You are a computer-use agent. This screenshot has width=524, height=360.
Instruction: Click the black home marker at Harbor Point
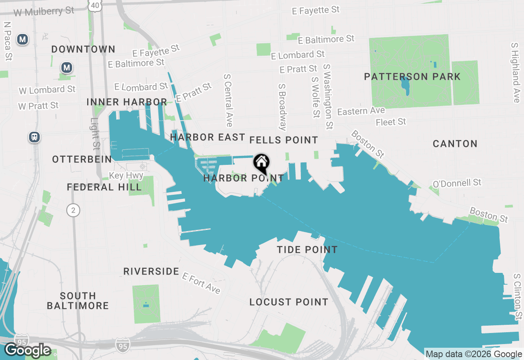[x=261, y=163]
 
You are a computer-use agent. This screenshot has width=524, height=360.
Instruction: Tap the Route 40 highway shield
[x=95, y=5]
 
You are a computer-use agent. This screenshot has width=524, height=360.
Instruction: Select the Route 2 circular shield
[x=73, y=210]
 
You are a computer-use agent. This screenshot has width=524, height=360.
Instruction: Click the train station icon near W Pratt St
[x=35, y=137]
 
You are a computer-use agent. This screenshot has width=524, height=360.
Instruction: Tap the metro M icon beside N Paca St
[x=23, y=40]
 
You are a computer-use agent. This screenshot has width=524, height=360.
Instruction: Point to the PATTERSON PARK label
[x=412, y=76]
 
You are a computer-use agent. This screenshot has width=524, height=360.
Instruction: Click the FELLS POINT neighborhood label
[x=284, y=140]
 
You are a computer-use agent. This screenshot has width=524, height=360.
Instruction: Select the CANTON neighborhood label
[x=455, y=144]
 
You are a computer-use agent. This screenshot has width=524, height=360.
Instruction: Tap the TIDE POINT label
[x=307, y=250]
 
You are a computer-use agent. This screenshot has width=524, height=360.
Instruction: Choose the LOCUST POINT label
[x=289, y=302]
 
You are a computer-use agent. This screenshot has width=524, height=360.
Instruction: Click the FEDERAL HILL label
[x=104, y=187]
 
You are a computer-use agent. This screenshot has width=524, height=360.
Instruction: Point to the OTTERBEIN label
[x=82, y=159]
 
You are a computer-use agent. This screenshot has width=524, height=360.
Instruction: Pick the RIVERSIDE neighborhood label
[x=151, y=271]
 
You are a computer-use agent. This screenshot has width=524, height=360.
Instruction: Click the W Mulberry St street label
[x=44, y=11]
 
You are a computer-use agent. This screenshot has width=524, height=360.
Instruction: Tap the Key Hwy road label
[x=126, y=175]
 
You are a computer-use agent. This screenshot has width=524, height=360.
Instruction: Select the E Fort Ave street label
[x=201, y=283]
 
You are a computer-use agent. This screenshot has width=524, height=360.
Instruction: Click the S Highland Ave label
[x=515, y=73]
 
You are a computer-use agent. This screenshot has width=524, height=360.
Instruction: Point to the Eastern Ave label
[x=361, y=111]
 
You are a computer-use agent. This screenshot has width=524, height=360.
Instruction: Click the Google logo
[x=27, y=350]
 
